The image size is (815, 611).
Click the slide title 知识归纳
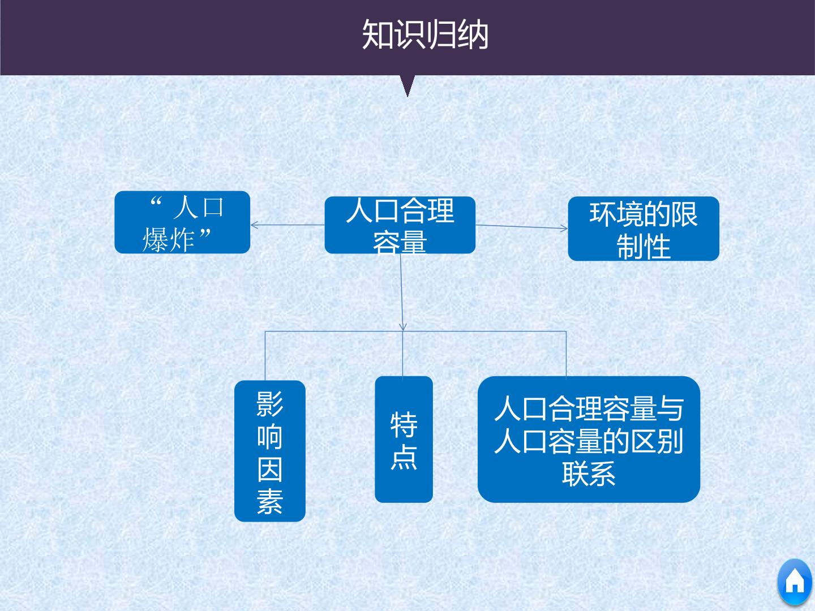[x=425, y=35]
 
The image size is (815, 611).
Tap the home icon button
[x=795, y=582]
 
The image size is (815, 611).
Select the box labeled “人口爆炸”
[x=182, y=222]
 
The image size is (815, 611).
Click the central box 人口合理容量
[x=400, y=225]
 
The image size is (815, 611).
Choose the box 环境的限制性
[x=644, y=229]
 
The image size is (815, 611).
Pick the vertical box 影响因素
[x=270, y=451]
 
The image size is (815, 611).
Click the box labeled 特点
[x=404, y=439]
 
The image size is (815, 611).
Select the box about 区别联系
[x=589, y=439]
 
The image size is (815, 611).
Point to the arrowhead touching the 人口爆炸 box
[x=254, y=225]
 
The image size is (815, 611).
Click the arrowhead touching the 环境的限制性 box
[x=564, y=228]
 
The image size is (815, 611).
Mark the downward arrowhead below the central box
[x=403, y=327]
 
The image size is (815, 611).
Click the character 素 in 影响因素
[x=270, y=502]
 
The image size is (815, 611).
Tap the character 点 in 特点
[x=404, y=458]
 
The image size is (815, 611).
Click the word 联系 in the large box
[x=589, y=474]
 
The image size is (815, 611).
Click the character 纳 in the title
[x=473, y=35]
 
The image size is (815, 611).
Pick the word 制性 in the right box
[x=644, y=246]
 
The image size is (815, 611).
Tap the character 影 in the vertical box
[x=270, y=403]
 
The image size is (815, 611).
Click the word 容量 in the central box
[x=400, y=242]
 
